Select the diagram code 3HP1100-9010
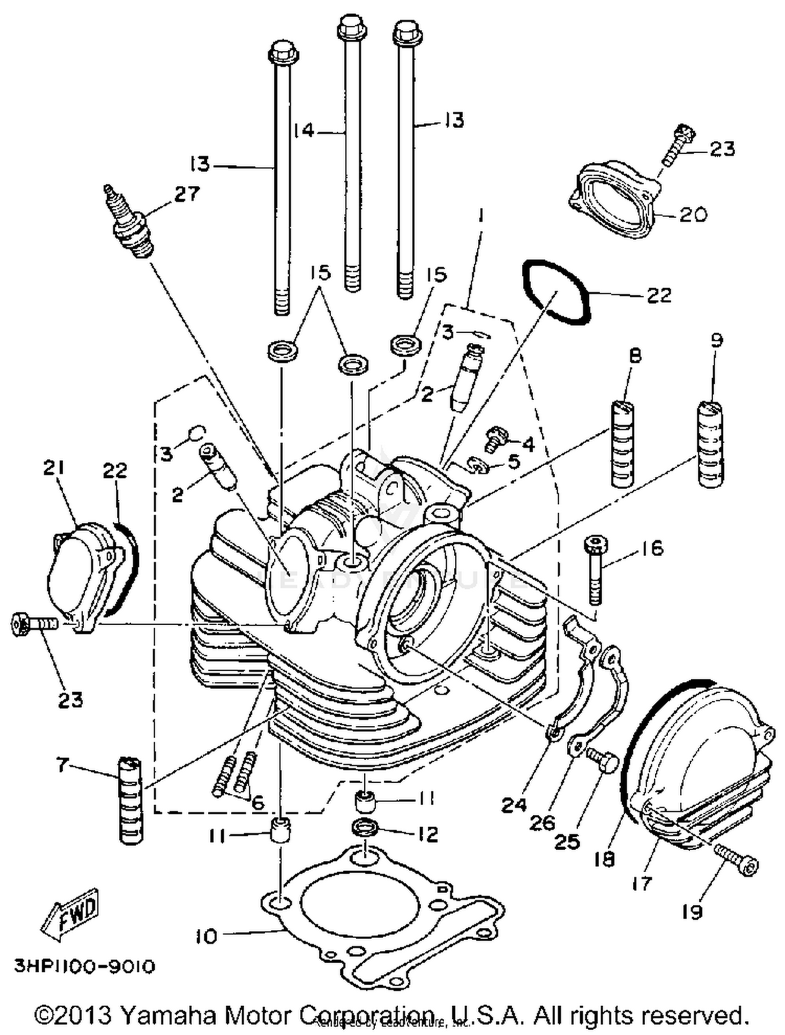click(84, 966)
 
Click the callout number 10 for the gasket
click(207, 936)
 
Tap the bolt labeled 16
click(596, 570)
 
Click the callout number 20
click(692, 215)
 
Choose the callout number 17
click(642, 884)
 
